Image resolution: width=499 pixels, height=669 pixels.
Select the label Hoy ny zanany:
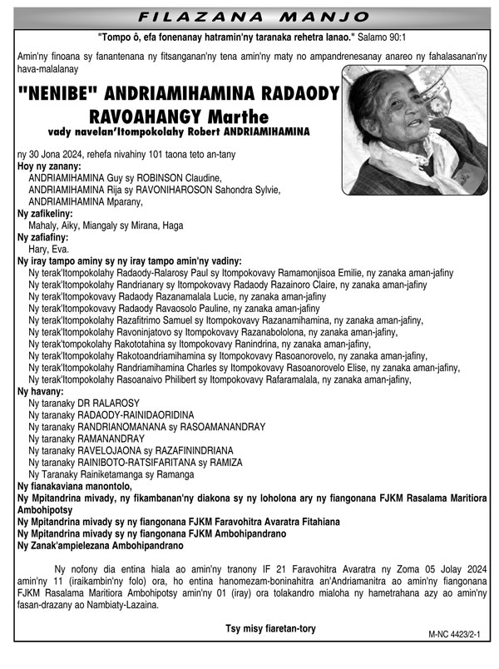(x=49, y=167)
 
